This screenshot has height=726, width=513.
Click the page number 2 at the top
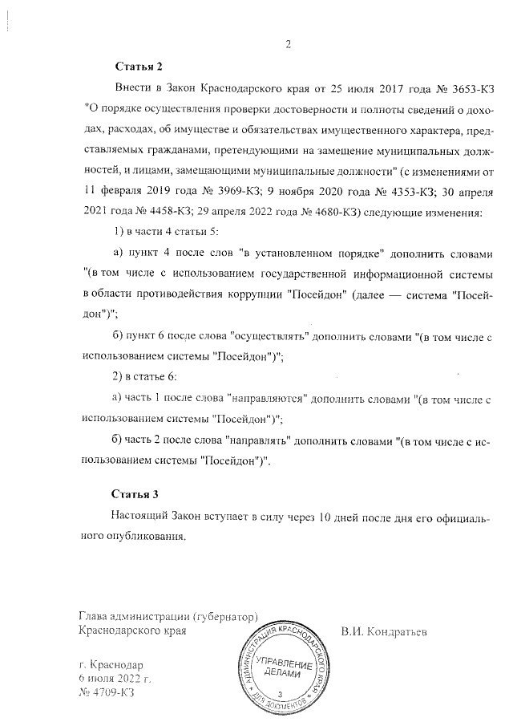point(288,44)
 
